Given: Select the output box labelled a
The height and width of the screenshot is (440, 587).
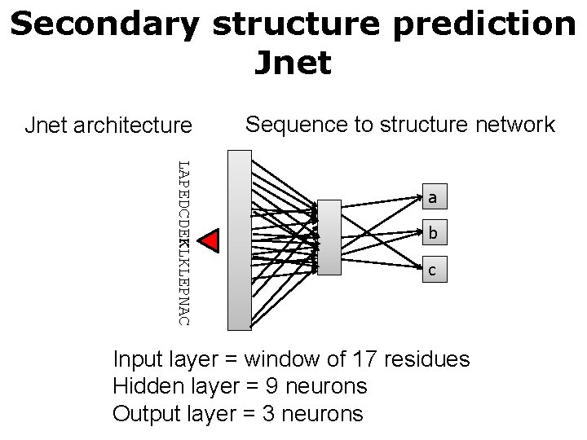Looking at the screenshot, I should (x=433, y=197).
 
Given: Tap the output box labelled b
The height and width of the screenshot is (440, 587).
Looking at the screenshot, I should (x=433, y=234).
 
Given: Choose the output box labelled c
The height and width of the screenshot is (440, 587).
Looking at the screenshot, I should (x=433, y=270).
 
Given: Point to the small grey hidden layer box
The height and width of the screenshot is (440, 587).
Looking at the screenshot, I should (x=329, y=237).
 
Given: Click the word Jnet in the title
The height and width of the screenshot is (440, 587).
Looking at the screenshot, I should (x=293, y=63).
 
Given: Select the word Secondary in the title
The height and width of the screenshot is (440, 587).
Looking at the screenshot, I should (x=104, y=24).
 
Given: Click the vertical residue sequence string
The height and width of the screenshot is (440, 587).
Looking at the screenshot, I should (x=184, y=242).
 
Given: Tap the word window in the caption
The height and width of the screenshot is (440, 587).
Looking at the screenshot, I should (x=279, y=359).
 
